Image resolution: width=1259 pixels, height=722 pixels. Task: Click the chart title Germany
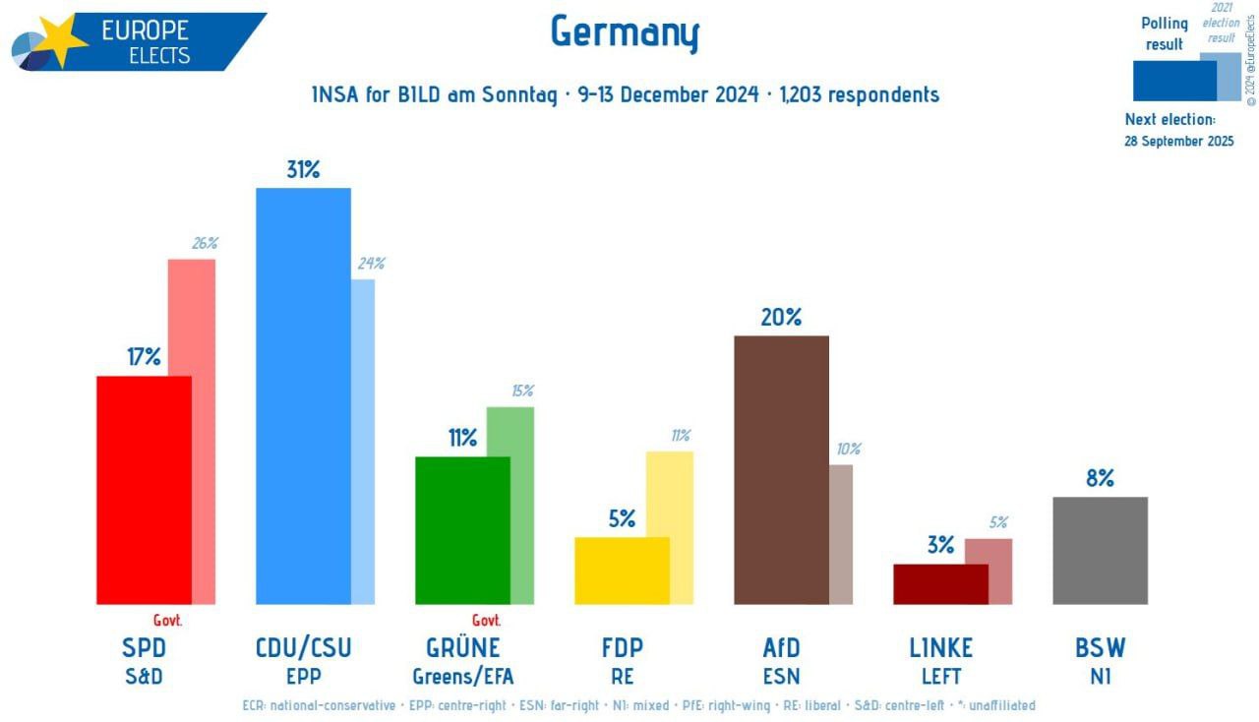[x=625, y=32]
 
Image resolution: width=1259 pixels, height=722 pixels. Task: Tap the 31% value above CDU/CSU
[x=303, y=169]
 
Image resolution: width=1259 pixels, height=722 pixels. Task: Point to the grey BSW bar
[x=1100, y=550]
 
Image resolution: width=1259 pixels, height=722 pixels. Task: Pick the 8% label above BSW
[x=1100, y=478]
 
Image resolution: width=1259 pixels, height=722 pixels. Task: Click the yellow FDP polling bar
[x=622, y=571]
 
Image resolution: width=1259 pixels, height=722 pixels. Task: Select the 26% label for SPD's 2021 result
[x=205, y=243]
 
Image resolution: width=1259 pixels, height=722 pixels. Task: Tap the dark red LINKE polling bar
[x=940, y=583]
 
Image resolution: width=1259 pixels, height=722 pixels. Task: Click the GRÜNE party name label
[x=462, y=647]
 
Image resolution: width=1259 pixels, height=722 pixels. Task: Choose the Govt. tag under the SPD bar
[x=168, y=620]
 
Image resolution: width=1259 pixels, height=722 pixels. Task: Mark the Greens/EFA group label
[x=462, y=677]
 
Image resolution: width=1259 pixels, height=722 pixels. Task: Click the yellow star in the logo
[x=61, y=41]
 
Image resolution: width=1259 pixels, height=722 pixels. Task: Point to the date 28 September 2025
[x=1178, y=141]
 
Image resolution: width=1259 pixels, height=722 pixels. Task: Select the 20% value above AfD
[x=781, y=317]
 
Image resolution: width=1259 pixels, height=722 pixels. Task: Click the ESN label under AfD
[x=781, y=677]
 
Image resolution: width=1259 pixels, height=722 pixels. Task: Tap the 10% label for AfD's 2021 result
[x=848, y=449]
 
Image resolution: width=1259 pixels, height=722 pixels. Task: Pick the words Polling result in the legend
[x=1164, y=33]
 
